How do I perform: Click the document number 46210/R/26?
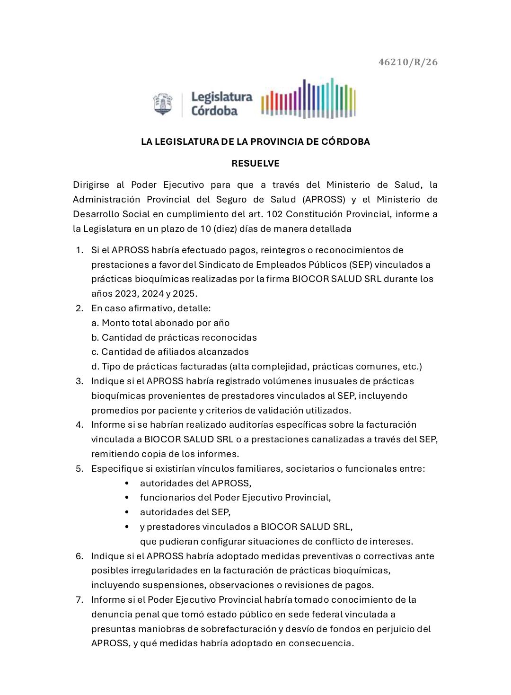(x=408, y=62)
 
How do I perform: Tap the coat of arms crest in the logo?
(x=163, y=104)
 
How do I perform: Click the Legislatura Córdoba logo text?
(x=221, y=104)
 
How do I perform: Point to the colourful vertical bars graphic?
(x=308, y=98)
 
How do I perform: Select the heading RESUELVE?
(x=255, y=164)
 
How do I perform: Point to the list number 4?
(x=79, y=424)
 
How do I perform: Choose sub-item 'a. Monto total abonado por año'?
(x=160, y=323)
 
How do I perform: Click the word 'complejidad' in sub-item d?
(x=276, y=367)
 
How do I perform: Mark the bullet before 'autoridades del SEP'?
(x=127, y=512)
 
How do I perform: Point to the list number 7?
(x=79, y=600)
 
